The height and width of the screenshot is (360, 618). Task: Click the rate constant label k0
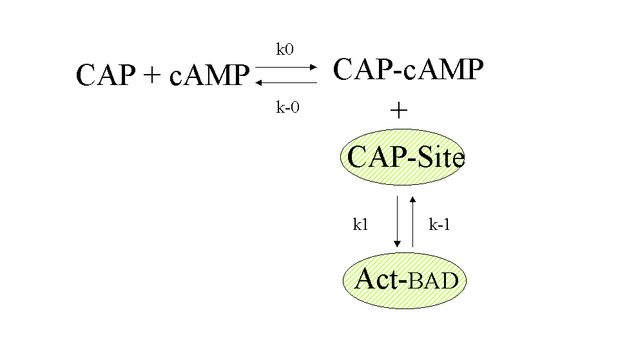[285, 49]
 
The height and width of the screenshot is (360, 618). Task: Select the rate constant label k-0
[287, 108]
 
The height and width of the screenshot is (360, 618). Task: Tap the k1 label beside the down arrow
[360, 224]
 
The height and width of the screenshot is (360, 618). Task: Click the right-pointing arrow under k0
[286, 66]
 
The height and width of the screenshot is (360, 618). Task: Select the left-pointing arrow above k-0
[286, 82]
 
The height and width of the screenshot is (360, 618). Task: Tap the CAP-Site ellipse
[403, 157]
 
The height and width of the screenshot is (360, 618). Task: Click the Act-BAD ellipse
[404, 280]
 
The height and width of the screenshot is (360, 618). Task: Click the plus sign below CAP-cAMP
[399, 111]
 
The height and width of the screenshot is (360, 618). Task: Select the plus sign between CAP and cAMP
[152, 76]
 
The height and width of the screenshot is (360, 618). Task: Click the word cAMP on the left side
[209, 76]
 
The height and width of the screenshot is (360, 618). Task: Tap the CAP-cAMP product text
[407, 69]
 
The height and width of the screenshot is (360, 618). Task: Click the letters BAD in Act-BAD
[434, 281]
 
